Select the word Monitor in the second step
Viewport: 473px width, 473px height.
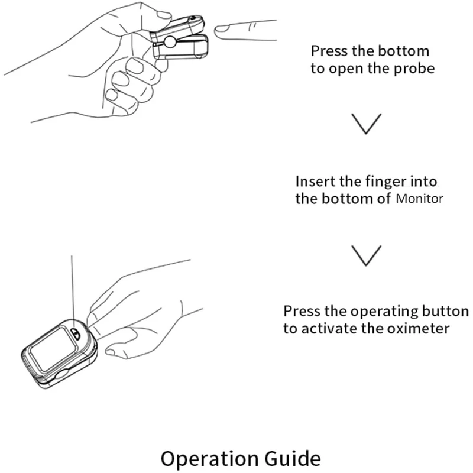(419, 199)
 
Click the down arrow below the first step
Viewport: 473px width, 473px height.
(366, 123)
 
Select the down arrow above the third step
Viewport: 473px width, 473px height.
(366, 254)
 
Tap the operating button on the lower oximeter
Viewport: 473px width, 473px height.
(75, 332)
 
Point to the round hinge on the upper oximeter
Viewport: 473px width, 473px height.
(170, 43)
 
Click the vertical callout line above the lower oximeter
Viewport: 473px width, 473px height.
(72, 284)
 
